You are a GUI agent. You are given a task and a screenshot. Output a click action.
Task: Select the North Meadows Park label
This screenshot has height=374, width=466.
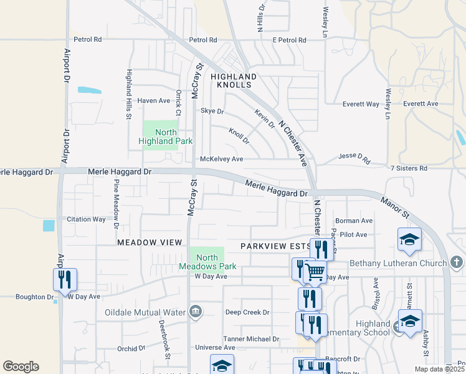tap(207, 262)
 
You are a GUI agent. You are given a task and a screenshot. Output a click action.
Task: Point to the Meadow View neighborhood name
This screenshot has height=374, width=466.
tap(150, 242)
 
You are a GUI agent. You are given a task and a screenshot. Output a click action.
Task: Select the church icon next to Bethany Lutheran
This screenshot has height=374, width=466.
tap(456, 262)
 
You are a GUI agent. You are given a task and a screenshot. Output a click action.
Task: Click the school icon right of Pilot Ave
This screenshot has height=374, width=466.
tap(409, 239)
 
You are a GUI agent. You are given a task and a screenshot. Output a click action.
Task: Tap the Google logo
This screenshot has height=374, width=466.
tap(21, 367)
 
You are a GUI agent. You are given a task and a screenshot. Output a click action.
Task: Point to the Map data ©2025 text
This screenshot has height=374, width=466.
tap(439, 370)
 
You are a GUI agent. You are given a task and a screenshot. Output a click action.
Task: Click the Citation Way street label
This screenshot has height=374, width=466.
tap(87, 219)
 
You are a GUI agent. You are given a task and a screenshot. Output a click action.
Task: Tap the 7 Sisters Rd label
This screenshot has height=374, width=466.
tap(409, 168)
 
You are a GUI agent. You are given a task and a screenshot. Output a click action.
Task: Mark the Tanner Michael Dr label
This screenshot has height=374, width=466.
tap(252, 339)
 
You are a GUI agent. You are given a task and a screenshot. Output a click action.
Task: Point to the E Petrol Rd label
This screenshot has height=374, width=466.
tap(289, 40)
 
